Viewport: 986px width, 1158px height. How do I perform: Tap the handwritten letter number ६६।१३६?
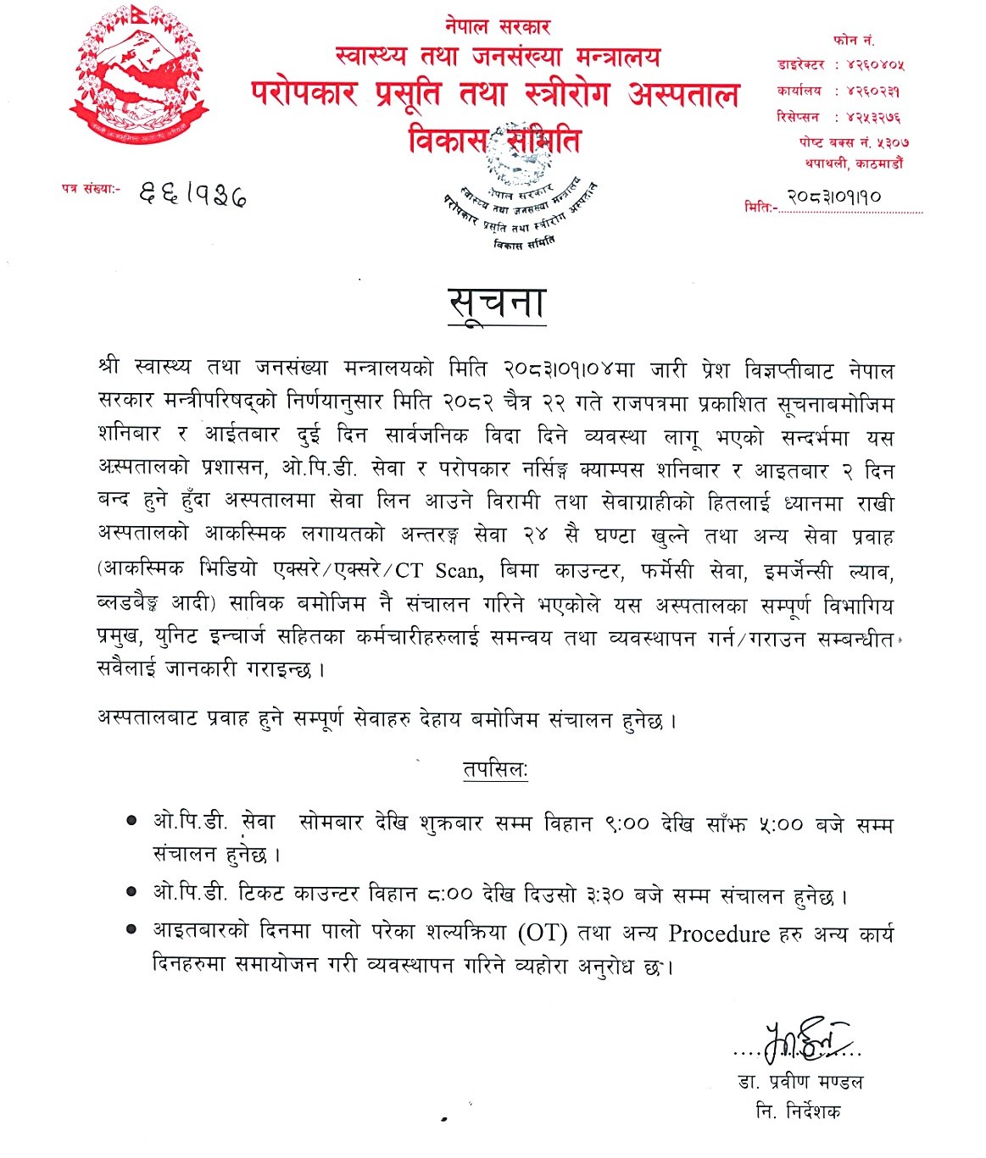coord(192,196)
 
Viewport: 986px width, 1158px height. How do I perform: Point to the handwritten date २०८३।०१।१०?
coord(834,197)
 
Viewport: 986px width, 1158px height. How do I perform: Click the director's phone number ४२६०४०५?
coord(876,64)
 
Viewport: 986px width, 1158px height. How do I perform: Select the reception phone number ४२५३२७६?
coord(873,117)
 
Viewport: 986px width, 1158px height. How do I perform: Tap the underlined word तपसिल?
coord(495,770)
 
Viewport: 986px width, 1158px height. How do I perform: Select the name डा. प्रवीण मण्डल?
coord(800,1081)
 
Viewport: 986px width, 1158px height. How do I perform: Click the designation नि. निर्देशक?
coord(799,1111)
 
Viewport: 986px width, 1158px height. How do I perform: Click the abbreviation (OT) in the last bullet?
coord(542,933)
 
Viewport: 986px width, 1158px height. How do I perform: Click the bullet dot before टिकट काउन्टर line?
coord(131,892)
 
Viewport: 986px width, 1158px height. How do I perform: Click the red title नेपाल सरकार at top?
coord(497,26)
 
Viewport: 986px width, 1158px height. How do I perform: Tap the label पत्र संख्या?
coord(92,189)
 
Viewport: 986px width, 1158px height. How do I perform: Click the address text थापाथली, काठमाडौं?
coord(855,163)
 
